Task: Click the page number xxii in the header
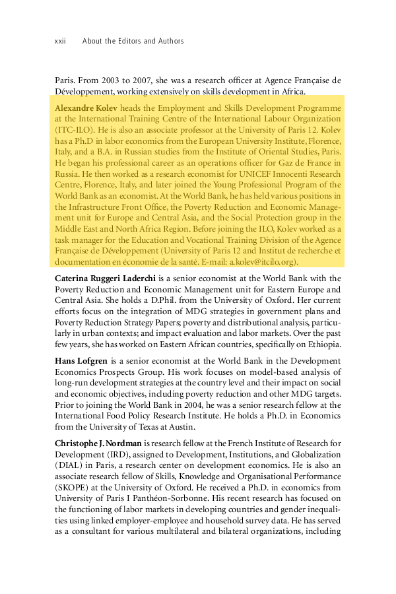pyautogui.click(x=60, y=41)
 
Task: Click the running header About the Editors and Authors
pyautogui.click(x=133, y=41)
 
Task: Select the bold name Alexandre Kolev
pyautogui.click(x=80, y=108)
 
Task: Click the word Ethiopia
pyautogui.click(x=322, y=344)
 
